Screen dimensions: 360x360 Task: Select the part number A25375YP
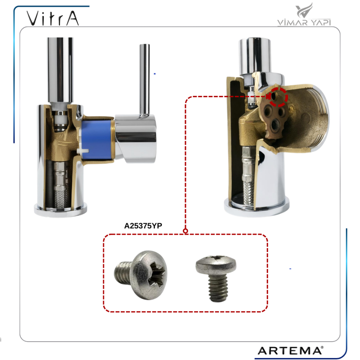(x=143, y=226)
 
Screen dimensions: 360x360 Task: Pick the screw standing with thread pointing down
(x=216, y=278)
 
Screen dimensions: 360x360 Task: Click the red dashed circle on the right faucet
(x=278, y=97)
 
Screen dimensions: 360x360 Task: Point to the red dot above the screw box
(x=185, y=231)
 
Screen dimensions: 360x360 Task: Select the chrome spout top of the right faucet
(x=255, y=54)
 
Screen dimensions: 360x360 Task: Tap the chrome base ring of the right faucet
(x=257, y=208)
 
